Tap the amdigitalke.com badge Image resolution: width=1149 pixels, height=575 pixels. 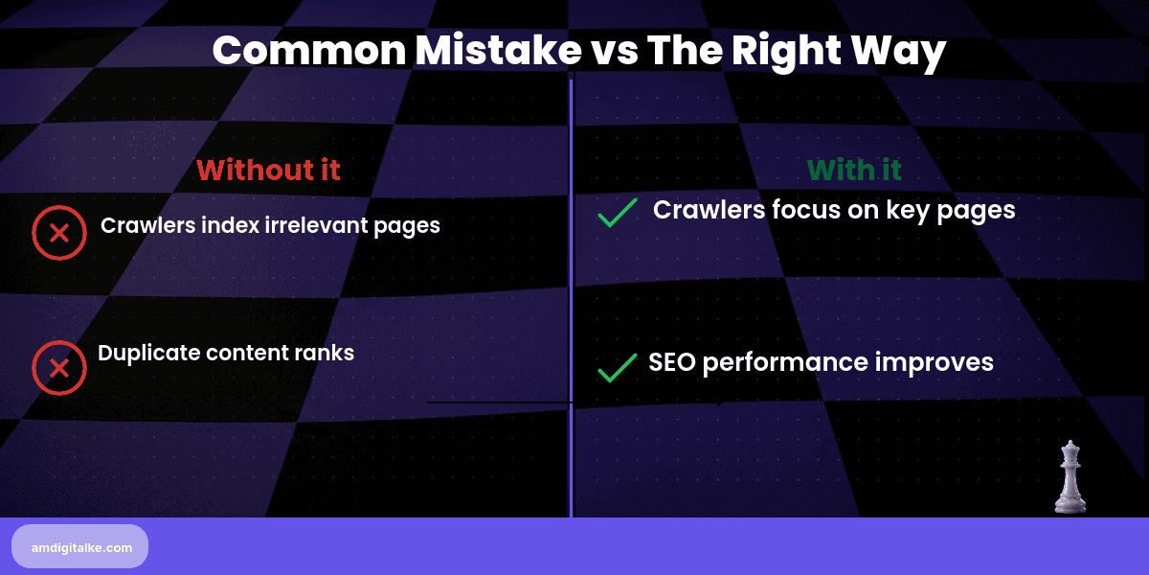click(x=79, y=547)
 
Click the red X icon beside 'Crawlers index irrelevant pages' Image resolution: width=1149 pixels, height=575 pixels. click(x=59, y=233)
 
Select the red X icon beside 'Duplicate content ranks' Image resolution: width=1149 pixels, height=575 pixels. click(x=59, y=367)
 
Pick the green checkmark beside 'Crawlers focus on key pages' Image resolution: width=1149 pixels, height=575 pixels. click(x=618, y=212)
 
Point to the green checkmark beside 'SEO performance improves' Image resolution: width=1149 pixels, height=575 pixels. click(x=618, y=367)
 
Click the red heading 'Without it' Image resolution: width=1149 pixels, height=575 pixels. click(x=268, y=171)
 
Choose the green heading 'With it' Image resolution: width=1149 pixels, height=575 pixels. click(x=854, y=171)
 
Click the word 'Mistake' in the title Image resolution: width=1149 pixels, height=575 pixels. click(x=485, y=51)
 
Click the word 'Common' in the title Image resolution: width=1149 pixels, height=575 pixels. click(x=306, y=51)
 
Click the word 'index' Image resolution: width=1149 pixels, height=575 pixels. click(x=231, y=226)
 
